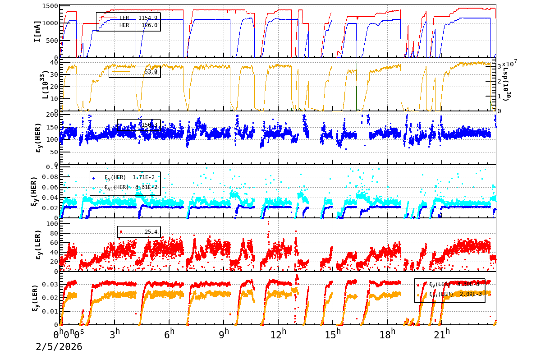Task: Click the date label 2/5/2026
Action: [x=59, y=346]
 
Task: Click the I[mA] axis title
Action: [x=37, y=31]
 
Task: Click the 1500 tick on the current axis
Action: [x=50, y=6]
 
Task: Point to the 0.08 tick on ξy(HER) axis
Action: [x=50, y=177]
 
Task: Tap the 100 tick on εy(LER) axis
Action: [x=52, y=224]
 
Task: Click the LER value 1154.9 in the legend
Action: [x=148, y=18]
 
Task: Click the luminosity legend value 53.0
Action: [x=151, y=72]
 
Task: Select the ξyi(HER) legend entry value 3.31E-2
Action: [x=146, y=187]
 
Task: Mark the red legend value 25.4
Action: [x=151, y=232]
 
